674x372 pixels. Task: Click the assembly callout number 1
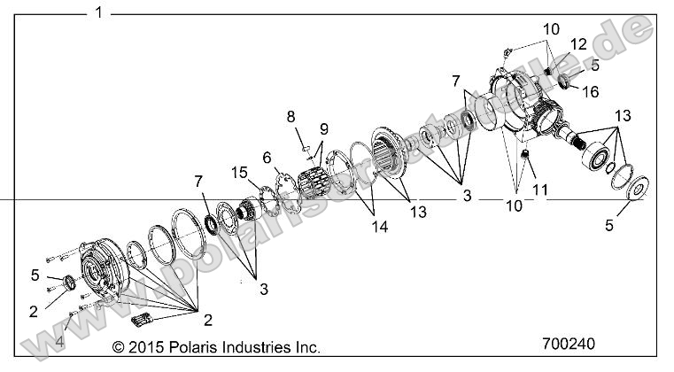coord(98,12)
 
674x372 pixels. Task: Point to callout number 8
coord(290,115)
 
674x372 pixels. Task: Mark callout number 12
coord(577,44)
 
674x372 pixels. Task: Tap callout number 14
coord(355,225)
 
